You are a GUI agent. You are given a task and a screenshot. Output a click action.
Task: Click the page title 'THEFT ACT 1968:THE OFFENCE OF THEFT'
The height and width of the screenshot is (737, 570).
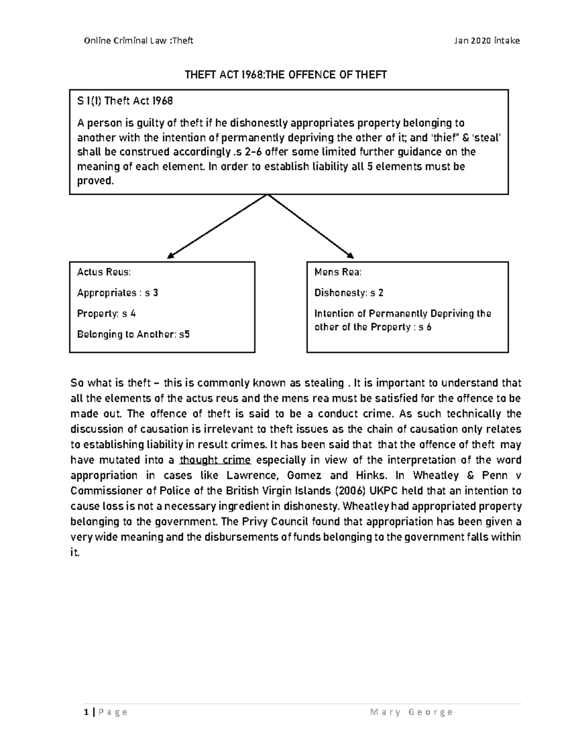point(285,75)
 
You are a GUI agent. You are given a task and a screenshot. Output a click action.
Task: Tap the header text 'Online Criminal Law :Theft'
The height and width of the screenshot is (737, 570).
point(138,40)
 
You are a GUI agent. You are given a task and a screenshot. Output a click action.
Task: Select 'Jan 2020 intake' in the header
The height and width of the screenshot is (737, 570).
point(487,40)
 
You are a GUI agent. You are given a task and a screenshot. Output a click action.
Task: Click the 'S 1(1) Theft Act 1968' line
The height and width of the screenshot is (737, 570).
point(125,101)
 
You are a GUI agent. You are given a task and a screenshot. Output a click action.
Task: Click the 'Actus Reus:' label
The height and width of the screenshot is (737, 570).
point(104,272)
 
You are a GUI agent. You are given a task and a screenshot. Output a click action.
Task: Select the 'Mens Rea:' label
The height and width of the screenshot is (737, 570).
point(338,272)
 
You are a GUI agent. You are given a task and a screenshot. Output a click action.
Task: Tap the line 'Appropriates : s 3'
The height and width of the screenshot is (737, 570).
point(117,293)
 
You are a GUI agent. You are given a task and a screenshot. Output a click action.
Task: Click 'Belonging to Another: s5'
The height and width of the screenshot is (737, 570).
point(133,334)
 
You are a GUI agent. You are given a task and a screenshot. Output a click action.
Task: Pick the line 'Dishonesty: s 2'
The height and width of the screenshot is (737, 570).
point(349,293)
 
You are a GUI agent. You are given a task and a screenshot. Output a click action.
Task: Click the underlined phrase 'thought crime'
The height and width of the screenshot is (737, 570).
point(216,460)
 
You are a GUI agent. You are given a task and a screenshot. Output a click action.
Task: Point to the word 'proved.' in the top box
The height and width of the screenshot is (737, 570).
point(95,181)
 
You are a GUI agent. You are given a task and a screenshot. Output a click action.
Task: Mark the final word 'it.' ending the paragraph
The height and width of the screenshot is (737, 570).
point(75,553)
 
